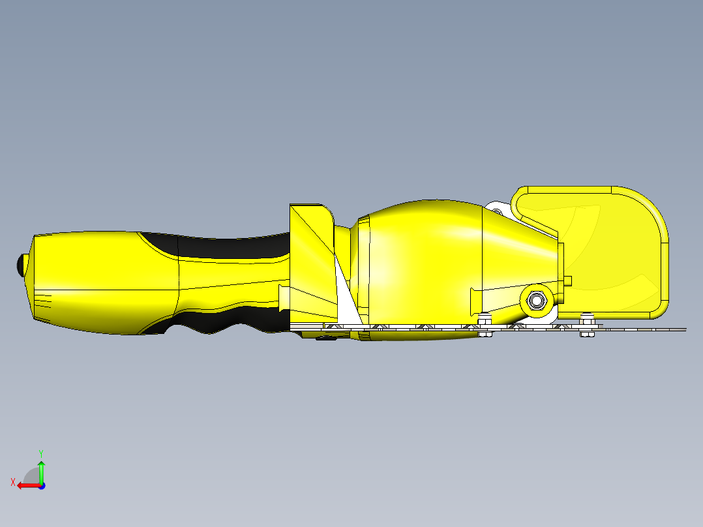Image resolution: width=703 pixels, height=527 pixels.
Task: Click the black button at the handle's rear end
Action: point(20,265)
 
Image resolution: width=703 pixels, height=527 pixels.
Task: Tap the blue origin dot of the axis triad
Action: point(41,485)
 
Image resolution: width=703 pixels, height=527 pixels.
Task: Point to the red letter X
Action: point(12,482)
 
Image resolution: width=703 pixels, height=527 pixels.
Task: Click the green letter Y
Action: point(41,452)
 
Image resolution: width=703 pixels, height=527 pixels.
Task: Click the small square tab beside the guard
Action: point(567,280)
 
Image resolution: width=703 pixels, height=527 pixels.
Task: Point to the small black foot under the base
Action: point(326,337)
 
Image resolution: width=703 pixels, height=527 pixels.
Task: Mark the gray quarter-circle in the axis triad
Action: point(31,475)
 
